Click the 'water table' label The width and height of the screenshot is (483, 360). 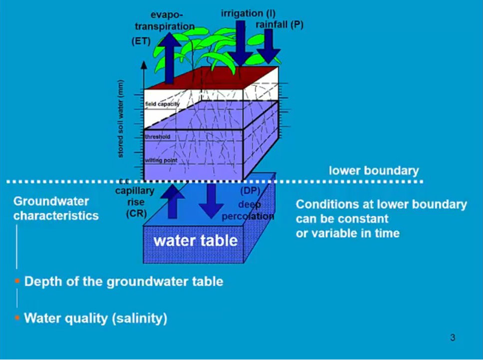(195, 241)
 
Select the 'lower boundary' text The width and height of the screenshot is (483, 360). (374, 171)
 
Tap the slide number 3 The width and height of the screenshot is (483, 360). (453, 338)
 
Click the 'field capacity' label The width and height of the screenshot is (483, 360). (162, 104)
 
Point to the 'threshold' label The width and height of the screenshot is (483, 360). (157, 136)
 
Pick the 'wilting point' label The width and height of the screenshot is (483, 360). (159, 160)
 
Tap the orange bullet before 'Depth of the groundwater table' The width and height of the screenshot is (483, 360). (17, 281)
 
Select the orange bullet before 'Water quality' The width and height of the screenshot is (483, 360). (17, 318)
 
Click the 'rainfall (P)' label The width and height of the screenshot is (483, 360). (279, 24)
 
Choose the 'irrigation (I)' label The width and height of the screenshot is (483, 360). (248, 13)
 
